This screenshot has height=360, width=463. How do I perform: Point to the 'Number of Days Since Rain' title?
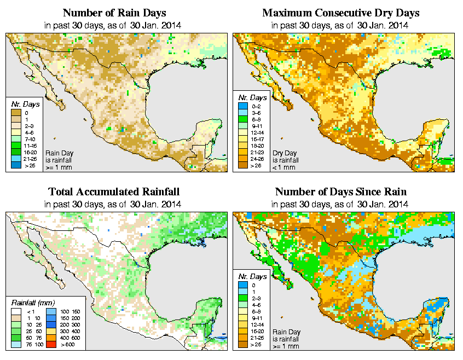click(x=341, y=192)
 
